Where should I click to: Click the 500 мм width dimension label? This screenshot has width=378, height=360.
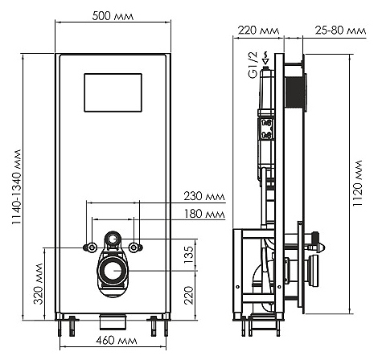(x=113, y=16)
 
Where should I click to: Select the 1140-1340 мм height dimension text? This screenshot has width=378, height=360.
(x=17, y=187)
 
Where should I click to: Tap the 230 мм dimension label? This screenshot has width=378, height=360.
(x=204, y=196)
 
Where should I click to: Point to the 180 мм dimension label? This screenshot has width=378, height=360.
(x=204, y=214)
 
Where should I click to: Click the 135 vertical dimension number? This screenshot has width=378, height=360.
(x=189, y=255)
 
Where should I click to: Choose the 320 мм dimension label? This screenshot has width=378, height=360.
(x=38, y=284)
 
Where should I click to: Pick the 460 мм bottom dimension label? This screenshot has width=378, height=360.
(x=117, y=341)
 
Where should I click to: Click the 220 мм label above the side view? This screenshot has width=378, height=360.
(x=258, y=31)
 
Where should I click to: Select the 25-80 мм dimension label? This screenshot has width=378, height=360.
(x=340, y=31)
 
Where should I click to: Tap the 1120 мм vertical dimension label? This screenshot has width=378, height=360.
(x=358, y=183)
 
